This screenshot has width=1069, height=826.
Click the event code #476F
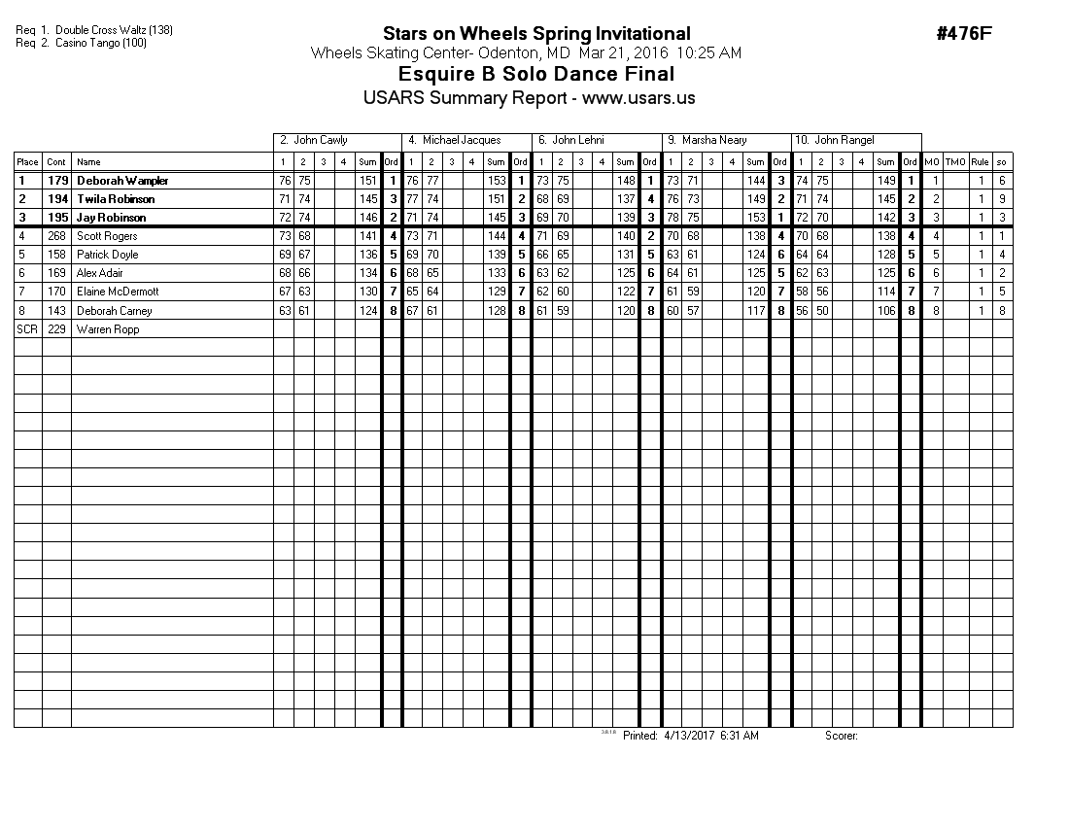[x=963, y=34]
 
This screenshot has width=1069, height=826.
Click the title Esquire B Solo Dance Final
[x=536, y=74]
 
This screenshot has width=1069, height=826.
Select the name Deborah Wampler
[x=122, y=181]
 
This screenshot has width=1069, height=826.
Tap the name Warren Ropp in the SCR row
[x=108, y=329]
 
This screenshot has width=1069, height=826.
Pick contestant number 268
[x=57, y=236]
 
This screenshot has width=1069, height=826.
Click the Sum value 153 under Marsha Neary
[x=755, y=218]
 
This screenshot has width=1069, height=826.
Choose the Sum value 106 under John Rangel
[x=885, y=311]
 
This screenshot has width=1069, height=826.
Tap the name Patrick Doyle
[x=107, y=255]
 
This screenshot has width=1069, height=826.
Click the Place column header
[x=27, y=162]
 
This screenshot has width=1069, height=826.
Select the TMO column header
[x=955, y=162]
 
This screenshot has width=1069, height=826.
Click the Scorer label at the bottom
[x=841, y=737]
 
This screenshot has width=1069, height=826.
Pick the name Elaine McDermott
[x=117, y=292]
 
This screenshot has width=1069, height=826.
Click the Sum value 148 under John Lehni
[x=625, y=181]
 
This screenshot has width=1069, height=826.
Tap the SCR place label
[x=27, y=329]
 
